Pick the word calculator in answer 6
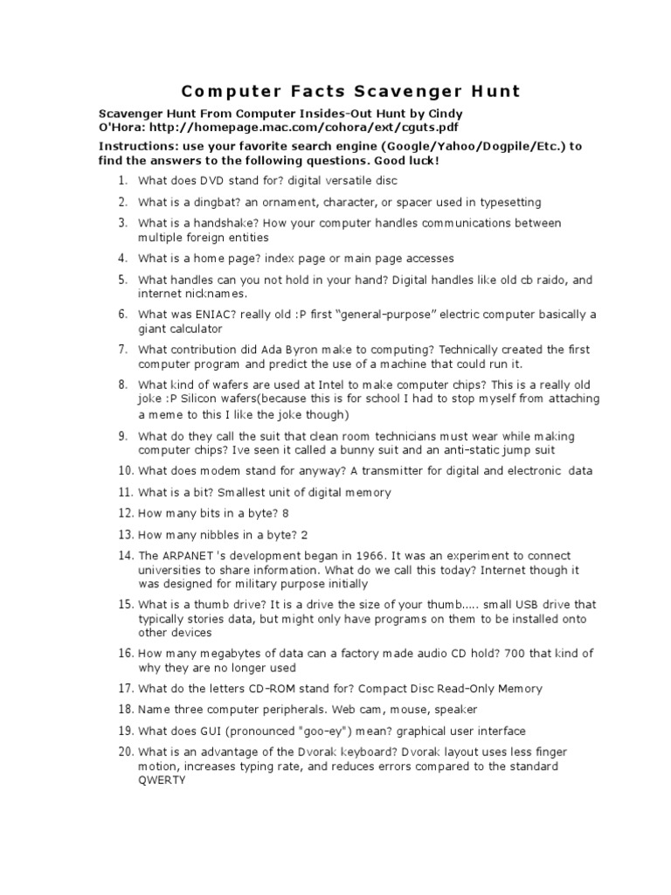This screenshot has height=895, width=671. [194, 330]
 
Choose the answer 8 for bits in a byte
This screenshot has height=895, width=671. [286, 514]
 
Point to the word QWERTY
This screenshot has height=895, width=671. [162, 781]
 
